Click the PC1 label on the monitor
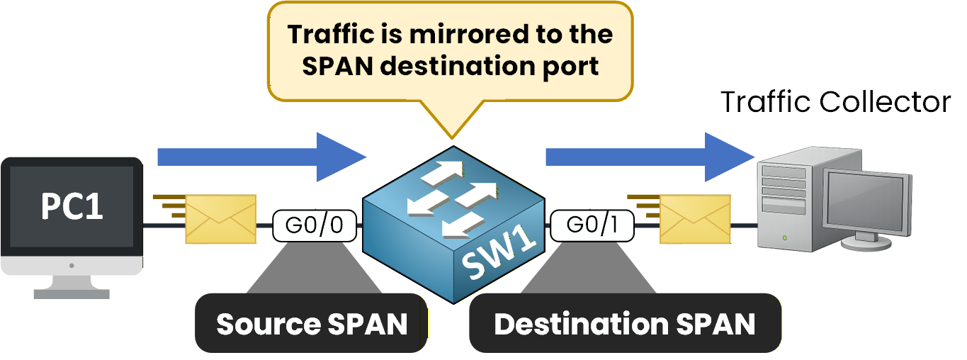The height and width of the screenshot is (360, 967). tap(72, 207)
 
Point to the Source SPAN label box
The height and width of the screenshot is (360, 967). tap(312, 324)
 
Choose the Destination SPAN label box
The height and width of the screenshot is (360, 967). tap(624, 324)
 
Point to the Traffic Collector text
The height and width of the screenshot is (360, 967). tap(835, 103)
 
